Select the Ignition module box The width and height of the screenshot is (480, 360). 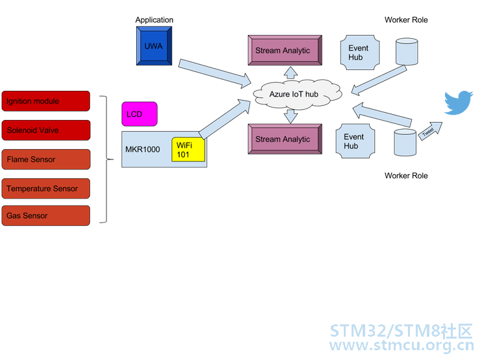coord(45,101)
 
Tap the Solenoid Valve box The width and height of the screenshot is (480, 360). coord(45,130)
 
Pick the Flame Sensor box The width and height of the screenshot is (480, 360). coord(45,159)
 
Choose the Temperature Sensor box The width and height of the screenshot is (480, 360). coord(45,188)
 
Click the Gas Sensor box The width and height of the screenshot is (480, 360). coord(45,215)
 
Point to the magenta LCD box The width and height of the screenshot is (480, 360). coord(140,115)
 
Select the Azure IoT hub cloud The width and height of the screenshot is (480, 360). coord(294,95)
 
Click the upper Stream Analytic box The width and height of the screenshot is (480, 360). coord(283,50)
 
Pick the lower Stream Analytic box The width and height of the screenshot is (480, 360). coord(283,139)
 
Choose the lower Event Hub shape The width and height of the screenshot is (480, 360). coord(354,141)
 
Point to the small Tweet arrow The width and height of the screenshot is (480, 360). coord(429,130)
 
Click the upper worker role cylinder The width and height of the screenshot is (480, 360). coord(407,51)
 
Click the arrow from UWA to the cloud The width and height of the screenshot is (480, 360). coord(214,72)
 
